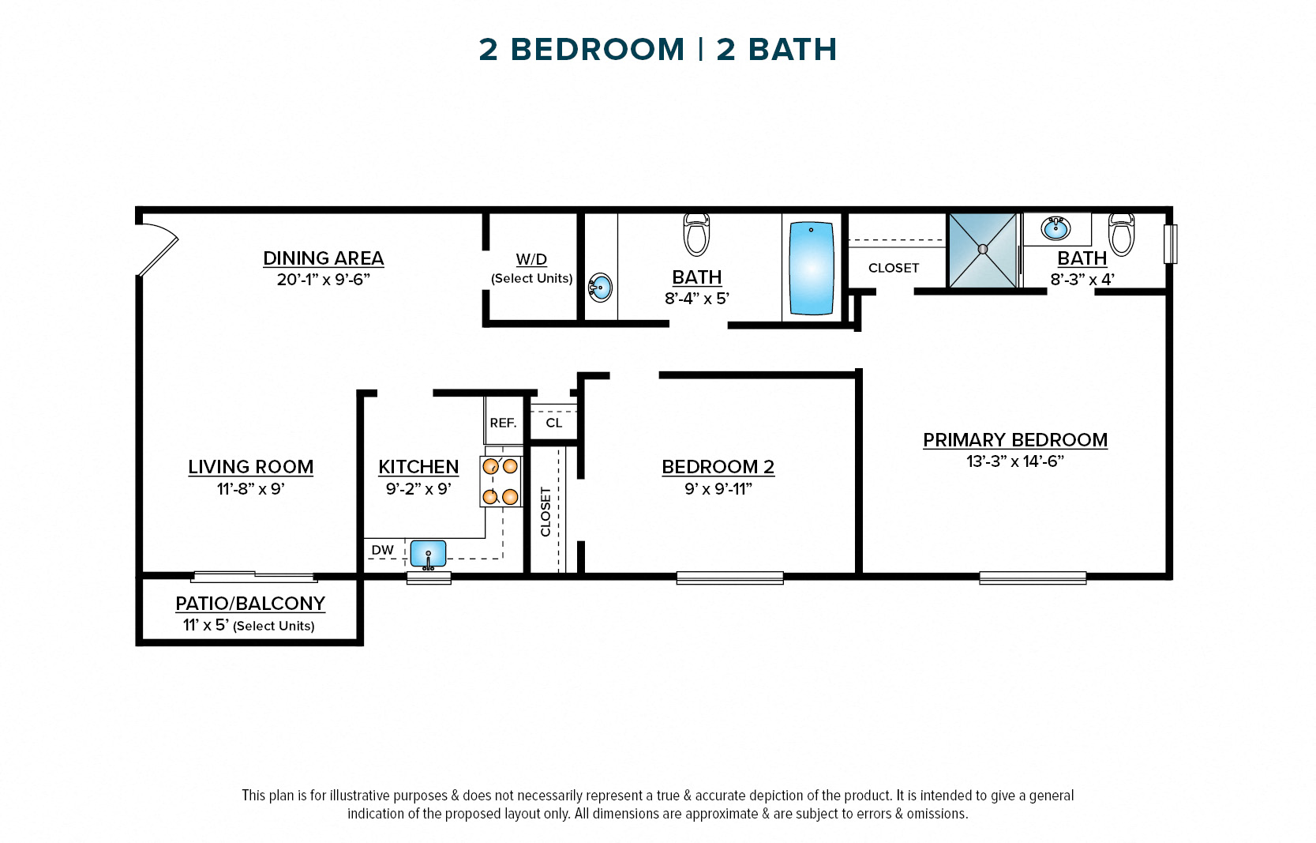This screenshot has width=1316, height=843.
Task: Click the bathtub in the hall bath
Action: (x=811, y=269)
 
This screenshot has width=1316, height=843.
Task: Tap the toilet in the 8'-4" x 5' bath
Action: (x=696, y=235)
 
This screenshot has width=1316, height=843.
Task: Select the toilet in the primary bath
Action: (x=1121, y=234)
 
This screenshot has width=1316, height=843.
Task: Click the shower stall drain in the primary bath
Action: (x=983, y=249)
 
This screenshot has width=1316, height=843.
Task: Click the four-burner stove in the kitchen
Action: (x=501, y=481)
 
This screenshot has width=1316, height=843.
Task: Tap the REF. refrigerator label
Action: (x=503, y=423)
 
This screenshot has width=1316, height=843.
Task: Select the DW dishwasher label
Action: (x=383, y=551)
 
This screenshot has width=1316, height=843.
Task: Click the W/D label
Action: (x=531, y=259)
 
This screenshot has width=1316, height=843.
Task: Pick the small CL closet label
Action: (x=554, y=423)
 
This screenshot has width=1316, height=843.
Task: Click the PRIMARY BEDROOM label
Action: (x=1015, y=440)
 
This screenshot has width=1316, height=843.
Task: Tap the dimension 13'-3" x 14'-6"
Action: (x=1015, y=461)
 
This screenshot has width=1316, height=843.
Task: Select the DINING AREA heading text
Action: (x=323, y=258)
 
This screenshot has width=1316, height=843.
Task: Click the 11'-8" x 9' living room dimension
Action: (x=250, y=489)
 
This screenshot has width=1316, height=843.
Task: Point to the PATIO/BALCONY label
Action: (x=250, y=604)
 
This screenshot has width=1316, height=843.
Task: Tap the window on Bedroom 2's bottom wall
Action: (x=729, y=578)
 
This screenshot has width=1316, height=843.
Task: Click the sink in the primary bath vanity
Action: (x=1055, y=228)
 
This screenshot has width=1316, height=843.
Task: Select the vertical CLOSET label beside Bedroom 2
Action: (x=546, y=511)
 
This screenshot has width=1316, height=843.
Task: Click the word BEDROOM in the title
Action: (x=598, y=50)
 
